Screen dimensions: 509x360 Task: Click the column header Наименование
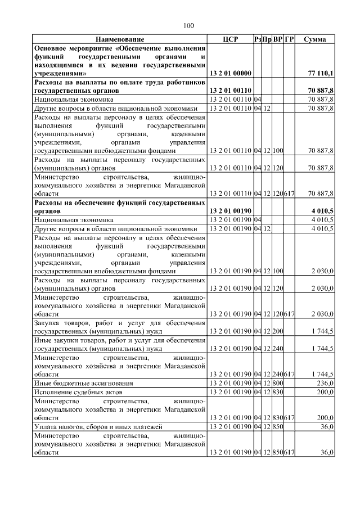pos(119,39)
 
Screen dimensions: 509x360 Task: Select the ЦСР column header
pos(231,39)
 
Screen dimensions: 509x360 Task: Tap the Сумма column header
pos(316,39)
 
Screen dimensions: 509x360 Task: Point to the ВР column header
pos(278,39)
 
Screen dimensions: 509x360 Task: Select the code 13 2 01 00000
pos(231,74)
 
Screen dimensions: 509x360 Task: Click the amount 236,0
pos(325,383)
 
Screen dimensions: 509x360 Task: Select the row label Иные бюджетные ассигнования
pos(78,383)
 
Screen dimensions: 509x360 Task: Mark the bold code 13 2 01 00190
pos(231,211)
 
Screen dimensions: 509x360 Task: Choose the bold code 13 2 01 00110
pos(231,90)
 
